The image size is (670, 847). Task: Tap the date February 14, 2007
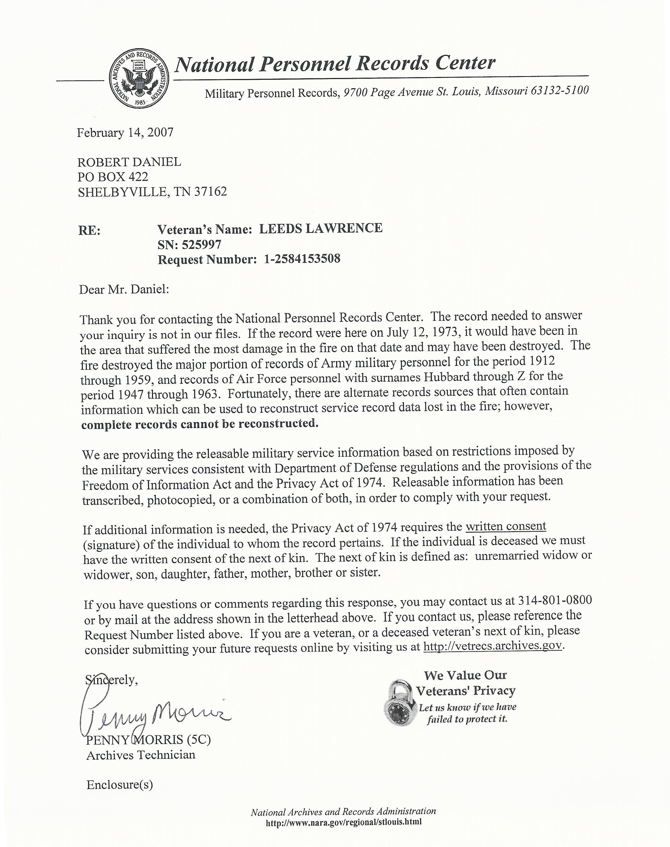tap(125, 132)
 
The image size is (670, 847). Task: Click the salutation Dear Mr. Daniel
tap(124, 290)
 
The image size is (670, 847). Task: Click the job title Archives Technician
tap(141, 755)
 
